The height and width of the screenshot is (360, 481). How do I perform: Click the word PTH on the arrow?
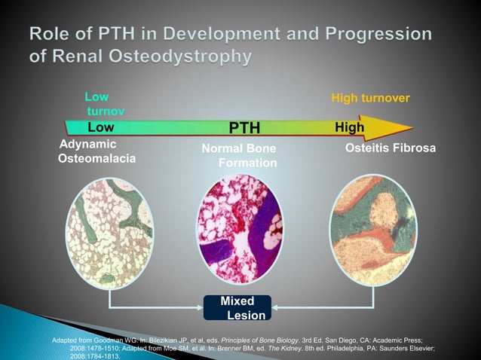click(244, 128)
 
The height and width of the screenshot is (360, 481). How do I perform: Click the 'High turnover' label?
click(370, 99)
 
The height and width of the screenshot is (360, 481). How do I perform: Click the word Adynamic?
click(87, 144)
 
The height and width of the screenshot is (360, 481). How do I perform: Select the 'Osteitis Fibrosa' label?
click(390, 148)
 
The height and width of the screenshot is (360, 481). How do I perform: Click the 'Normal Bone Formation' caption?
click(239, 156)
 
